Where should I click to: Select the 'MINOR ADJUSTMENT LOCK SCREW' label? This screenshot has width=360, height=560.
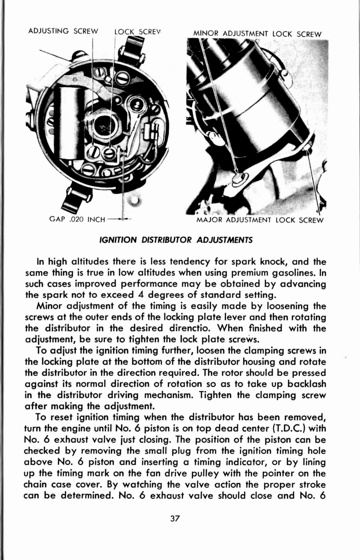coord(257,34)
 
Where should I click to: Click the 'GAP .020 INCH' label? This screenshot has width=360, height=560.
coord(77,220)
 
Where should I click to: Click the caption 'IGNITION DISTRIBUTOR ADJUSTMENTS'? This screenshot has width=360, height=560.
coord(176,240)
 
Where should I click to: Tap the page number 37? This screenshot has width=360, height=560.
coord(175,519)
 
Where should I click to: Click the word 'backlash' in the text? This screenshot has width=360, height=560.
coord(306,384)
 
